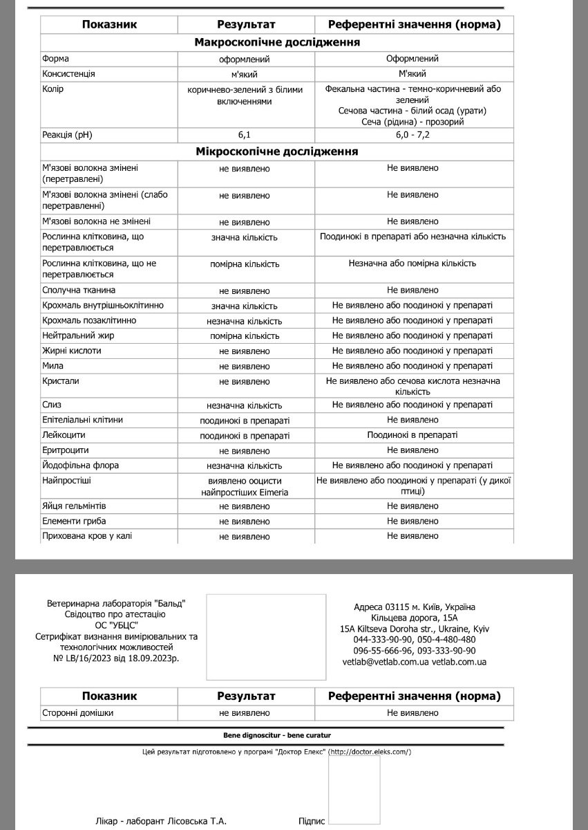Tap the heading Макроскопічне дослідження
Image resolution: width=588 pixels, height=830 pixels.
coord(277,43)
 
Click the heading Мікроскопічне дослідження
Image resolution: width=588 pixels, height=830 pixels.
coord(277,151)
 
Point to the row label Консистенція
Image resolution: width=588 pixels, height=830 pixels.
coord(68,73)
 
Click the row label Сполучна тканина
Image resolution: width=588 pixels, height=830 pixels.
coord(79,290)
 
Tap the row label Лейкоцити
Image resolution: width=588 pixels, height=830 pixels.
coord(63,435)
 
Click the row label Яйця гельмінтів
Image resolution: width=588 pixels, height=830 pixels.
coord(74,506)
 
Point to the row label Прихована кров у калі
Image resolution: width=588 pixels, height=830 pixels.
coord(86,535)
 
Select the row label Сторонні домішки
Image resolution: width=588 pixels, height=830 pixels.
coord(77,712)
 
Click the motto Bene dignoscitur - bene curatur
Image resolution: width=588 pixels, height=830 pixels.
coord(272,735)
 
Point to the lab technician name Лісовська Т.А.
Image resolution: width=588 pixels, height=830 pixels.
coord(196,821)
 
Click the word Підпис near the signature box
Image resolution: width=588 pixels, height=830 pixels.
coord(312,821)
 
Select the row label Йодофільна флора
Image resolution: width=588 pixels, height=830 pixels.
coord(80,465)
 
